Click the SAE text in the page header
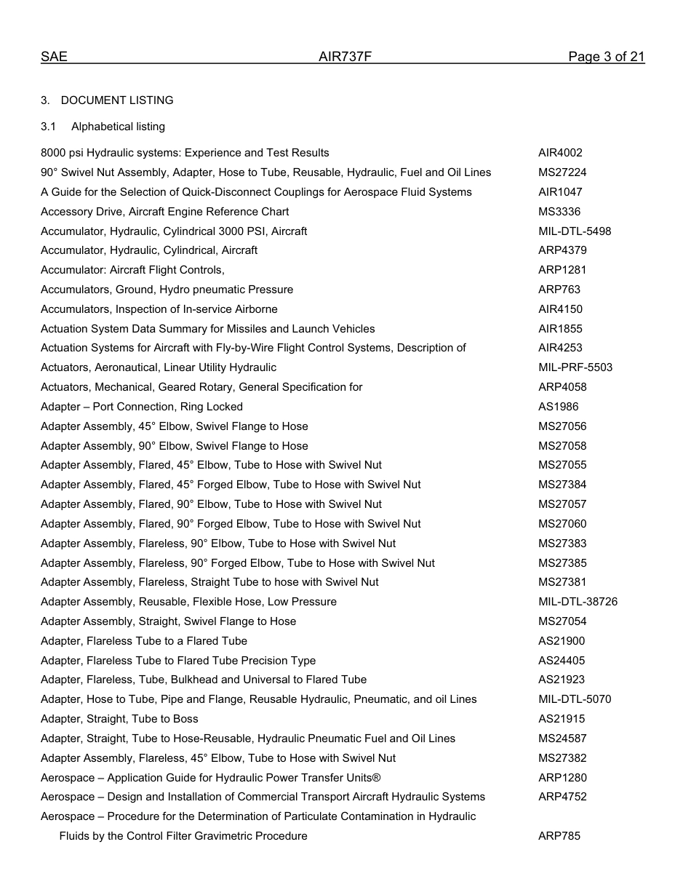click(54, 57)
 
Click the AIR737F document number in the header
click(345, 57)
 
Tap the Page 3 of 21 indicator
click(606, 57)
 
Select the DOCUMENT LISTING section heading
click(117, 100)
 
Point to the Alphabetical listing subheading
click(118, 127)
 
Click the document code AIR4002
click(560, 153)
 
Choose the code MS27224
click(562, 172)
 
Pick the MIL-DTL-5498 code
click(575, 231)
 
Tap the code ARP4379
click(562, 250)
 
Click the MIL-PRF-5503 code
click(575, 367)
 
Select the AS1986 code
click(559, 407)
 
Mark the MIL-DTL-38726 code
click(578, 602)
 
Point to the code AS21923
click(562, 680)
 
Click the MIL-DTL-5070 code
click(575, 699)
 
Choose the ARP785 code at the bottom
click(559, 836)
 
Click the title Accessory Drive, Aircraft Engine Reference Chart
click(164, 212)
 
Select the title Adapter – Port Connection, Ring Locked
click(142, 407)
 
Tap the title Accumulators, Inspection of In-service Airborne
click(159, 309)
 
